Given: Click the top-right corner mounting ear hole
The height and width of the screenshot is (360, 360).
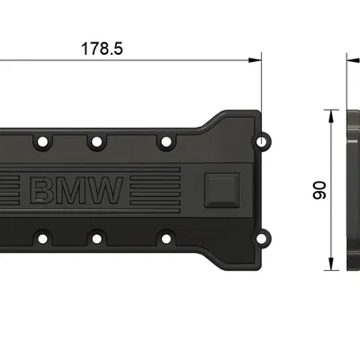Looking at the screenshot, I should (263, 141).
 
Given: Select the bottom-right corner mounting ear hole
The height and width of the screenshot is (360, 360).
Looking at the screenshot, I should (263, 239).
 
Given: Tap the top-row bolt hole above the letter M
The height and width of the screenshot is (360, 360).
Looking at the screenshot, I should (94, 141).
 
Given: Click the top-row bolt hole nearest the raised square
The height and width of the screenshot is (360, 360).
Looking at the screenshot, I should (164, 141).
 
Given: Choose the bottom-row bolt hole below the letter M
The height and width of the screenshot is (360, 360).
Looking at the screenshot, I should (94, 238).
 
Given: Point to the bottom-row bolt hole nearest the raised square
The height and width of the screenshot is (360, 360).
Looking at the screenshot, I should (164, 238).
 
